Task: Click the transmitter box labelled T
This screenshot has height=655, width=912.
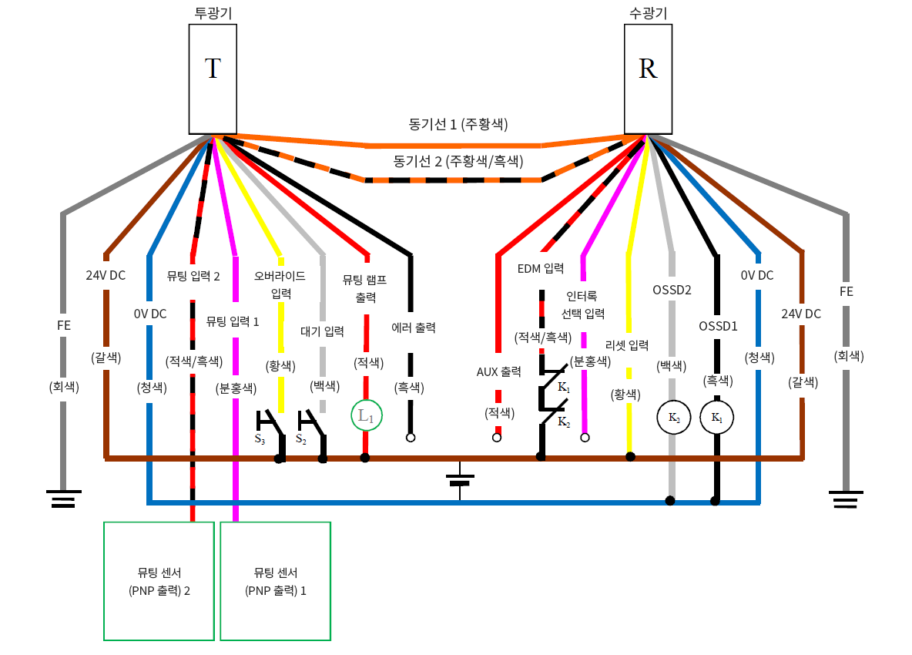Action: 213,78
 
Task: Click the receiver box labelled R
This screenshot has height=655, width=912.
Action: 648,78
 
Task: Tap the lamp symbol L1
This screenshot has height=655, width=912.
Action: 366,416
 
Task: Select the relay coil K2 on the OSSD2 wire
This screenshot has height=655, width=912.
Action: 673,418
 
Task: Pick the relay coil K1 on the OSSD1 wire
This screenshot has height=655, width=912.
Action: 716,418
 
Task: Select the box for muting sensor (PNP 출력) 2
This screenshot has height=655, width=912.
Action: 159,581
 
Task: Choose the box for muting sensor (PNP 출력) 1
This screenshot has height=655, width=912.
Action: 275,581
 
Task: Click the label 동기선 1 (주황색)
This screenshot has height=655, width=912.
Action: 458,123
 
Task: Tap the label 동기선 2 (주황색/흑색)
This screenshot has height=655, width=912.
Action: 458,161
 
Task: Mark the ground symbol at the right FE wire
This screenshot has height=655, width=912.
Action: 846,499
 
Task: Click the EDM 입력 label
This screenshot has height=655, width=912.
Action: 541,269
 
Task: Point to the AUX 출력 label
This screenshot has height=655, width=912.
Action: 498,371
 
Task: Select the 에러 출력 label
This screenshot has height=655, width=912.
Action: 414,327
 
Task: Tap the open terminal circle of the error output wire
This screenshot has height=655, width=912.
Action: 411,438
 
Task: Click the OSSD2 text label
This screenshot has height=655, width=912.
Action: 672,291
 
